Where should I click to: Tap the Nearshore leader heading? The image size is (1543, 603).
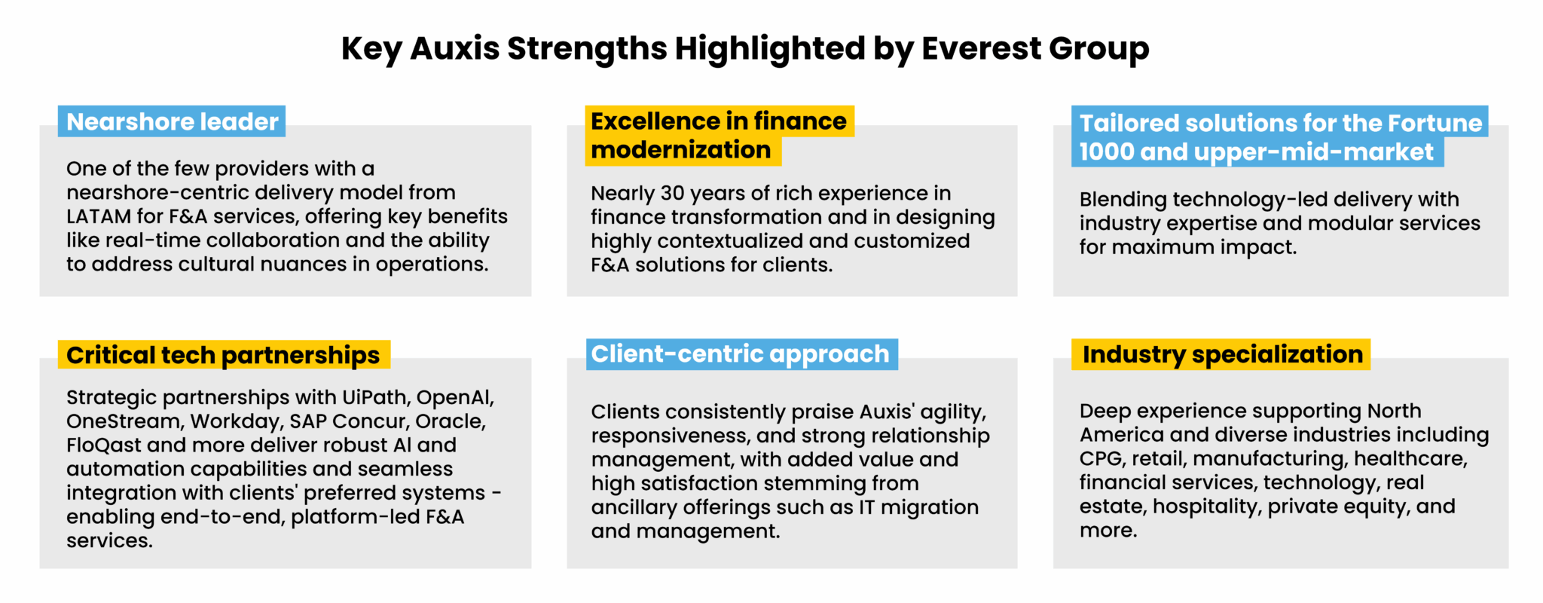tap(173, 121)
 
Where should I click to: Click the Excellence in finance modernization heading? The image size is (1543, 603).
tap(719, 136)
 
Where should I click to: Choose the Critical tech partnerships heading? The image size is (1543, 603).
tap(223, 355)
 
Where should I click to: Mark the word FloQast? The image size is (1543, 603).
tap(103, 445)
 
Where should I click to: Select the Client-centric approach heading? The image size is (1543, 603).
tap(740, 354)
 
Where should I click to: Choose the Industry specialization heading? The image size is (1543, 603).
tap(1223, 354)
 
